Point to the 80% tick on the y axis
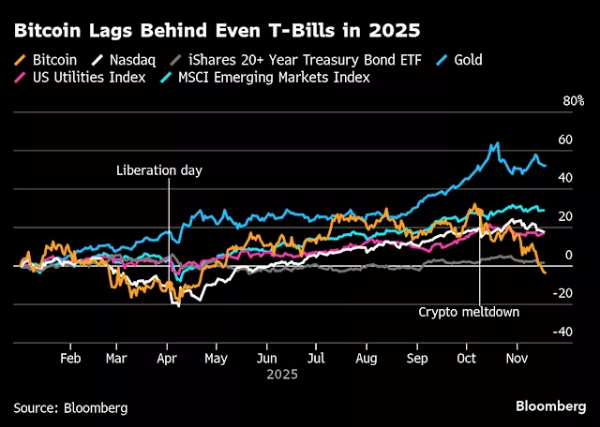(x=573, y=101)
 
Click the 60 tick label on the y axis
(x=565, y=140)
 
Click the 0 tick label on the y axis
(x=565, y=255)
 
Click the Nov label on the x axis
(x=517, y=357)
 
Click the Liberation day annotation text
(x=159, y=170)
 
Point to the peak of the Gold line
(x=497, y=143)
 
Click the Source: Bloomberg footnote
(x=70, y=407)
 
